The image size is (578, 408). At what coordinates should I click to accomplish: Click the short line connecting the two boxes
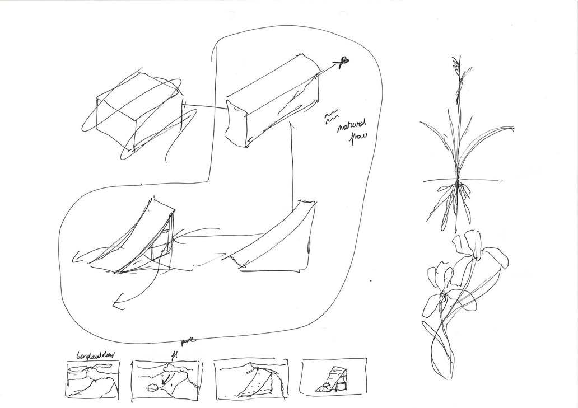tap(204, 106)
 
